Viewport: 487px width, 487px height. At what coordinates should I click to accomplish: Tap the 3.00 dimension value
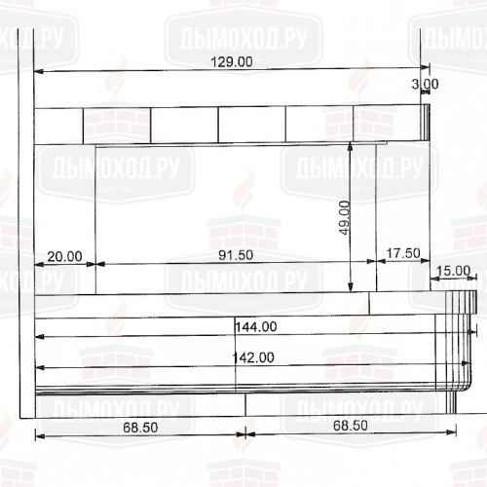[425, 85]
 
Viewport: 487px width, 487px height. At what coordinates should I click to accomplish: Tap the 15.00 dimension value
[453, 271]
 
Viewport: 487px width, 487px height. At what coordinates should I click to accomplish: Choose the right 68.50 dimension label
[350, 427]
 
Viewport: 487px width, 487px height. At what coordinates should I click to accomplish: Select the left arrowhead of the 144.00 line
[40, 336]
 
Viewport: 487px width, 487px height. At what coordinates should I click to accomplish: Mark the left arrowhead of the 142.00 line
[40, 367]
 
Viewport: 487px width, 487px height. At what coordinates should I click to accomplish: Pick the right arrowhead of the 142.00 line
[464, 367]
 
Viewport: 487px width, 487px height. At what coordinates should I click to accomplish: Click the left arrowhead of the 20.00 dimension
[40, 263]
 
